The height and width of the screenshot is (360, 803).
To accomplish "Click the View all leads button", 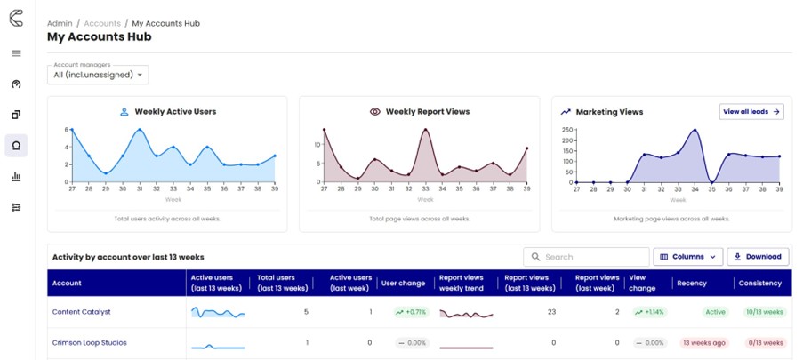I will coord(751,112).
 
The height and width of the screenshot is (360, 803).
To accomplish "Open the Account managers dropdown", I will coord(98,76).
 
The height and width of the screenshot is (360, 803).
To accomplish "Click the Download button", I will coord(758,257).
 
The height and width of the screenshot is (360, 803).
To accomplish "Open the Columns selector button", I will coord(687,257).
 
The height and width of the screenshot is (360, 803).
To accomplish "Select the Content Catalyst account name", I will coord(82,312).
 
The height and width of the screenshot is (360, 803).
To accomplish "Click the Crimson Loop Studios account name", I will coord(90,342).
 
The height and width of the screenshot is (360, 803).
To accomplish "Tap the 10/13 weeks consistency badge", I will coord(762,312).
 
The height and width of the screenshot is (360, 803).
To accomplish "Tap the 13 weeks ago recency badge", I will coord(703,342).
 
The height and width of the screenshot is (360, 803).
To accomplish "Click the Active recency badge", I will coord(715,312).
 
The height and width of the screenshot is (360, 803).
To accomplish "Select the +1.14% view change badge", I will coord(648,312).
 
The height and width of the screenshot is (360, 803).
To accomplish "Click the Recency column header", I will coord(692,284).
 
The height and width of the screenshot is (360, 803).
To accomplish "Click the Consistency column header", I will coord(759,284).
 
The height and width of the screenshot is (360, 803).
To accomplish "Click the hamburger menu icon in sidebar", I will coord(16,53).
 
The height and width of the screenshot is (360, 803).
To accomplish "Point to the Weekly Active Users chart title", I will coord(175,112).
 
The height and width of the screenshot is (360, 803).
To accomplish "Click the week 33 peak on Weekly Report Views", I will coord(425,131).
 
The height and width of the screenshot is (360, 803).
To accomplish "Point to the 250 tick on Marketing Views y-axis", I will coord(566,129).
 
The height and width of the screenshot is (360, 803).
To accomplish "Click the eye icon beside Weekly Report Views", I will coord(375,112).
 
